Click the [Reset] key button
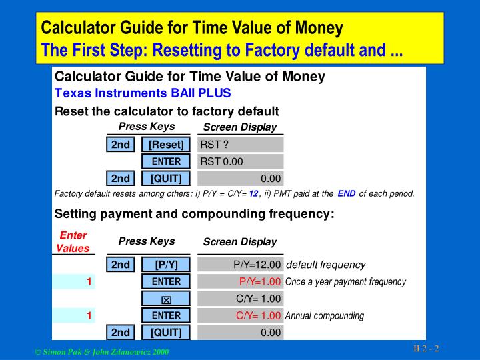pos(166,145)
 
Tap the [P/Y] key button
pos(166,265)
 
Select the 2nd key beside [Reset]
pos(121,145)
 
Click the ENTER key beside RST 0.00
pos(166,161)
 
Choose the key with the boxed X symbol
pos(166,299)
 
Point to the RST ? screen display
pos(241,145)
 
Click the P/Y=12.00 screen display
pos(257,265)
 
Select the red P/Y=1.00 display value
pos(259,281)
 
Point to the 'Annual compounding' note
pos(324,315)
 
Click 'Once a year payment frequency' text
pos(345,281)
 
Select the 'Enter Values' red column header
pos(73,242)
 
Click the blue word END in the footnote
pos(347,194)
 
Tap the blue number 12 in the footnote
pos(253,194)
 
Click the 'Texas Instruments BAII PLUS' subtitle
pos(143,93)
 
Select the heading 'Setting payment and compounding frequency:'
pos(194,214)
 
